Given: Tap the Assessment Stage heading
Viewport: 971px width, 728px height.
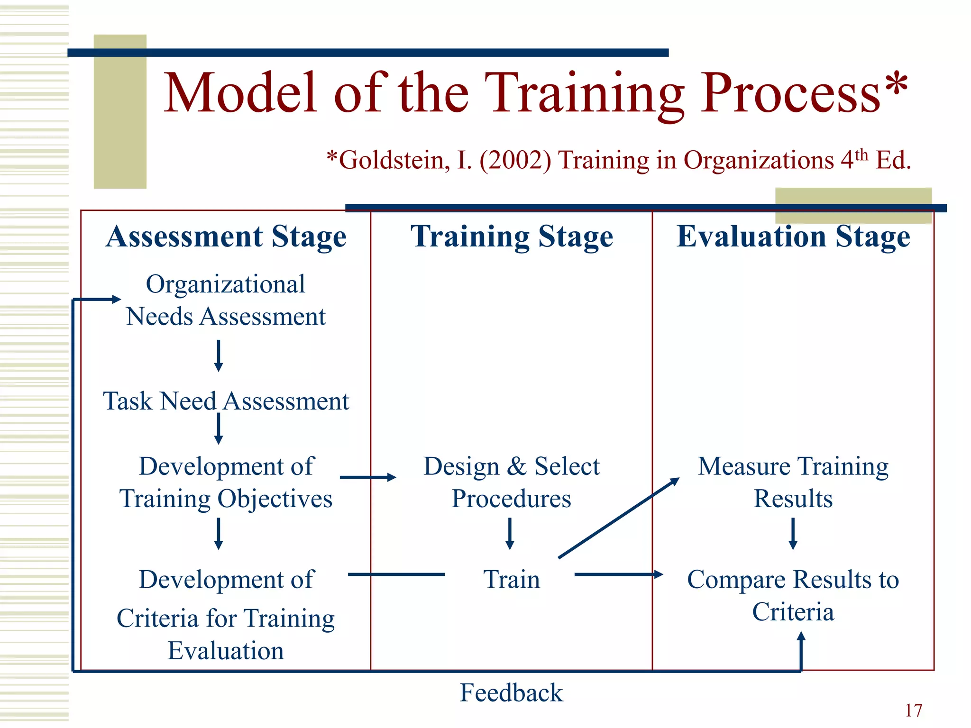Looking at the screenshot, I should coord(226,237).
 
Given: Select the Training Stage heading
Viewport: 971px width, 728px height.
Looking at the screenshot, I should coord(512,237).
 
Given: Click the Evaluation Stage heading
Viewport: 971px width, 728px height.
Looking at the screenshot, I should coord(793,237).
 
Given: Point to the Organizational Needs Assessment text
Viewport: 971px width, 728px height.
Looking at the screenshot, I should coord(226,300).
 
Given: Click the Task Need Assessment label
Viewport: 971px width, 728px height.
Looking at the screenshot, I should coord(226,401).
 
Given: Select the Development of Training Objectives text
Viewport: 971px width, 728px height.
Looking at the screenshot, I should coord(226,482).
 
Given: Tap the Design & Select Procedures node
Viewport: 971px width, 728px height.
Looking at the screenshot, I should coord(511,482).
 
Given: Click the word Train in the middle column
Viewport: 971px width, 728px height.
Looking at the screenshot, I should coord(512,579).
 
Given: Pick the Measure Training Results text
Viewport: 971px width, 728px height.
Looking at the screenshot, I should coord(793,482).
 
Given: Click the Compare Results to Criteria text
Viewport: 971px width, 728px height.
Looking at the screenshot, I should coord(793,595).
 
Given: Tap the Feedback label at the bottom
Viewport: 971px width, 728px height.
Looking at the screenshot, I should coord(511,692).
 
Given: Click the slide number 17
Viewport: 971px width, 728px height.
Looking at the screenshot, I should coord(913,710).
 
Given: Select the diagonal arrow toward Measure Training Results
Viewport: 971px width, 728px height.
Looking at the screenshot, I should coord(619,518).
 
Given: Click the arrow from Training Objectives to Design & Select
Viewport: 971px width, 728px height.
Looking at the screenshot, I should coord(367,477).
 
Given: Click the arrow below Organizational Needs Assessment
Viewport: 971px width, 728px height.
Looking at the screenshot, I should coord(219,355).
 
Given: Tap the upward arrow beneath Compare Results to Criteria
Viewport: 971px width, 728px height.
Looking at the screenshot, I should coord(801,652).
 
